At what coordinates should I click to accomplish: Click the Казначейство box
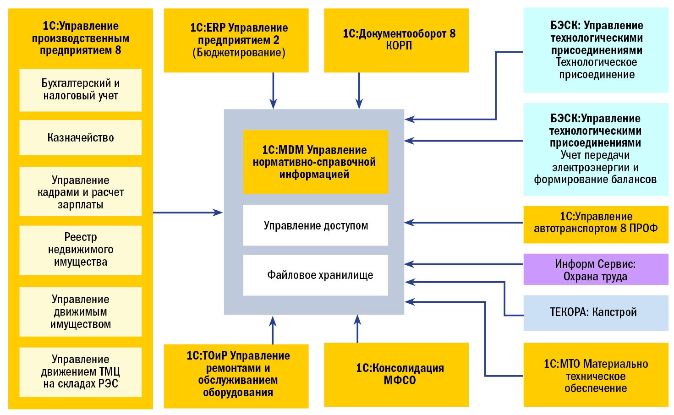tap(80, 137)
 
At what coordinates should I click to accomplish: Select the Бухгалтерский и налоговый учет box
tap(80, 90)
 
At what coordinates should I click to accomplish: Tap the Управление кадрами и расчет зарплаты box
tap(80, 191)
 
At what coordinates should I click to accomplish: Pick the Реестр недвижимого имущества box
tap(80, 250)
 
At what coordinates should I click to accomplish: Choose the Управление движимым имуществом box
tap(80, 311)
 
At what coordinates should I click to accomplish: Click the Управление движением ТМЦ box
tap(80, 371)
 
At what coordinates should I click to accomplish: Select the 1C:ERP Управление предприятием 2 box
tap(236, 40)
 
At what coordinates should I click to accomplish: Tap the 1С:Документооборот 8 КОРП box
tap(396, 40)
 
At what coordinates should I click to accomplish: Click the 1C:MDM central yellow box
tap(315, 162)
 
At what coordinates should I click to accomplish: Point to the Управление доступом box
tap(315, 225)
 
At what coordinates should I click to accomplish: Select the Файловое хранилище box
tap(315, 275)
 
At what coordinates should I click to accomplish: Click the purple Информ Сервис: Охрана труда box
tap(596, 270)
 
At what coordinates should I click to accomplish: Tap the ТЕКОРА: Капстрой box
tap(596, 312)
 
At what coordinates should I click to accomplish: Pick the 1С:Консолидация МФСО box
tap(396, 374)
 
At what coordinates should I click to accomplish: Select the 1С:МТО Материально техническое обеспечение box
tap(596, 376)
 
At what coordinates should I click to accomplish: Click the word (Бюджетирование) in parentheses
tap(239, 53)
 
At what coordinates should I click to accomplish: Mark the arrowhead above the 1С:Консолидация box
tap(358, 320)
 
